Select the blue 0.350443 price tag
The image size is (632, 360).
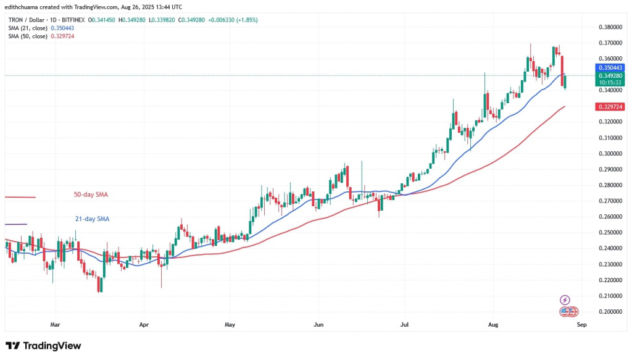[x=609, y=67]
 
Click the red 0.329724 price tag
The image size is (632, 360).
[x=609, y=107]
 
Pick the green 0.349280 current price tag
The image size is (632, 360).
[x=609, y=75]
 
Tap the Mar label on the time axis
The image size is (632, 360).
[x=55, y=324]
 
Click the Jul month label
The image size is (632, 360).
[x=405, y=324]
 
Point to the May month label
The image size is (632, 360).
[x=230, y=324]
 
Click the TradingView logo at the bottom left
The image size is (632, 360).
[x=43, y=346]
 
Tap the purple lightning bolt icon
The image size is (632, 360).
[x=564, y=300]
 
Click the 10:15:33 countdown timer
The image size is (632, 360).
[x=609, y=82]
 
